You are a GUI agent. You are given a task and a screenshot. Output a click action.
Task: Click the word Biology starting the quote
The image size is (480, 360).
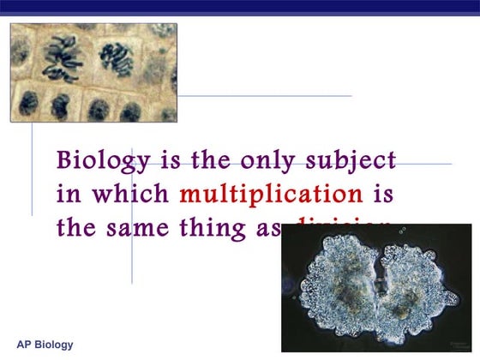coord(93,161)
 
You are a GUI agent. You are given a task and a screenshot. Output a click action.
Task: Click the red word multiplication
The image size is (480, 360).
coord(271,194)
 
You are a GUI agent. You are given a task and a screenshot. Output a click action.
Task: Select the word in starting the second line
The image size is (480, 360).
coord(68,194)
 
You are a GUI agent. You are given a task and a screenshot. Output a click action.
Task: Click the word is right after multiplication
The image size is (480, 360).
coord(383,194)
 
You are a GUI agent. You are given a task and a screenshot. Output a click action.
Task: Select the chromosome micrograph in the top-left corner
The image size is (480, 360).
coord(93,73)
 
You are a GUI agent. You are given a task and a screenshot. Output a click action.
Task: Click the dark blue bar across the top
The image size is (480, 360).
coord(240,6)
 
